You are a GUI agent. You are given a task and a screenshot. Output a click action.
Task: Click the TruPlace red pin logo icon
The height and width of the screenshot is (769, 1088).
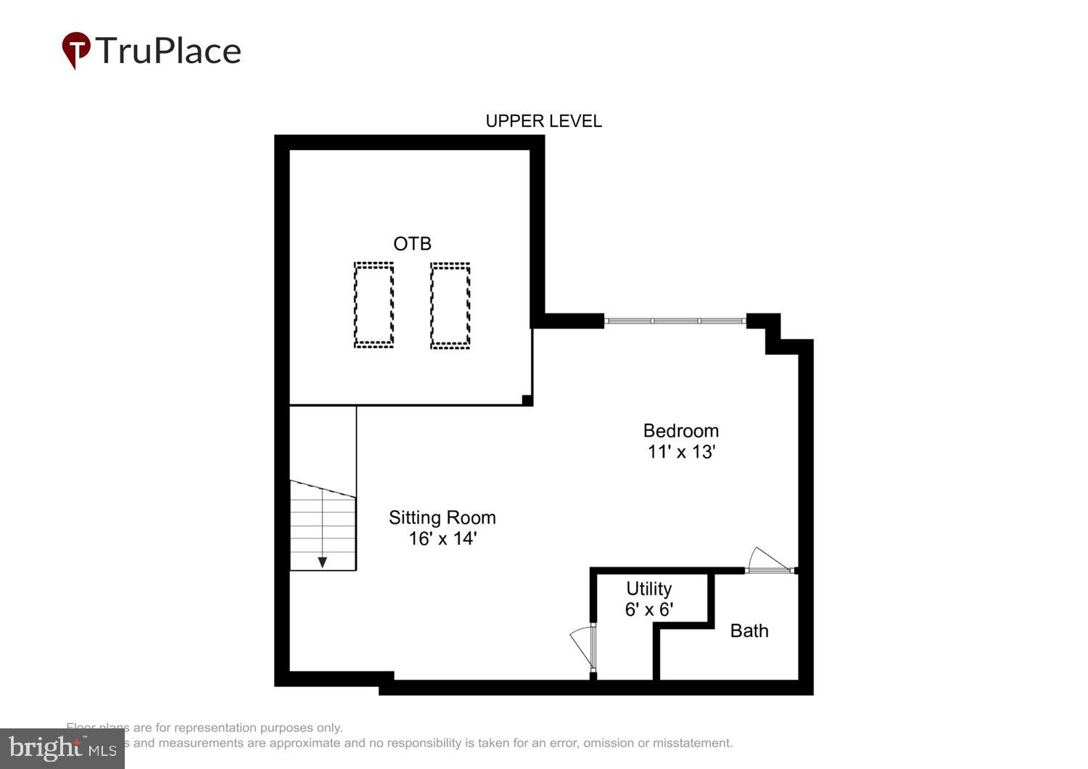(75, 50)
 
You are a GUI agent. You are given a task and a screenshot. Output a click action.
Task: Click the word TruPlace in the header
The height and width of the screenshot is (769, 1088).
(168, 51)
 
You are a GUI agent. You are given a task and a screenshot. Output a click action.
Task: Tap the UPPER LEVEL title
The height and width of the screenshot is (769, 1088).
(543, 121)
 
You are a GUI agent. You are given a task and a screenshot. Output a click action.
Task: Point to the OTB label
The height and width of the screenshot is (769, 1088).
(412, 244)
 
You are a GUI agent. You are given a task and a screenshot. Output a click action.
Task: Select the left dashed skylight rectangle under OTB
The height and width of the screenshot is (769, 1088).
(374, 305)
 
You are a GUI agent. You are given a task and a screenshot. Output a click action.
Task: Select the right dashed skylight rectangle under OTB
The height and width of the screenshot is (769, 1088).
(450, 305)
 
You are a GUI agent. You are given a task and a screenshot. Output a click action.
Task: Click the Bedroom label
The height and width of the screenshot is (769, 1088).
(680, 430)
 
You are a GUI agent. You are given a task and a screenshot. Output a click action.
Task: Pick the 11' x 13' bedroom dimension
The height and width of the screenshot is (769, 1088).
(681, 452)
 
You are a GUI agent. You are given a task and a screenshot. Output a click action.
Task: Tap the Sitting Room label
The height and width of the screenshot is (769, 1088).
(442, 517)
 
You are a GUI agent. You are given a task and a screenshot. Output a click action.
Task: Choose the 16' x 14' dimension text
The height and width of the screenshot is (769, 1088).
(442, 538)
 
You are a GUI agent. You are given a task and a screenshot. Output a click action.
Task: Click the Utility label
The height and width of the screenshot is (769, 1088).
(648, 588)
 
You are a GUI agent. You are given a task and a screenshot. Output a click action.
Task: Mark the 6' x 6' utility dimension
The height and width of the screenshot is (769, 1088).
(648, 609)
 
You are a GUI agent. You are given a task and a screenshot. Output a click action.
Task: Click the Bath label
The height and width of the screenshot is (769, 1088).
(749, 630)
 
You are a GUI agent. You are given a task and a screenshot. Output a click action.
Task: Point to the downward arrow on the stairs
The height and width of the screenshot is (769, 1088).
(322, 562)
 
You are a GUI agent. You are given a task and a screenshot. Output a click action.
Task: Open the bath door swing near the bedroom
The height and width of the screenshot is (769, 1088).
(769, 561)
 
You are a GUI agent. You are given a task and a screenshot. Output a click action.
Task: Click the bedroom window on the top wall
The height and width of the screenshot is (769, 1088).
(675, 321)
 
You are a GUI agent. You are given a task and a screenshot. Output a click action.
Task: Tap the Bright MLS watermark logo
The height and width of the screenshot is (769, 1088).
(62, 748)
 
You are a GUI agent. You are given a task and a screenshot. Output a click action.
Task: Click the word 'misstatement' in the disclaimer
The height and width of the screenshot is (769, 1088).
(692, 743)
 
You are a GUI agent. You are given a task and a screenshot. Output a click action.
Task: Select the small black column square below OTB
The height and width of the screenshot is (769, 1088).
(527, 400)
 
